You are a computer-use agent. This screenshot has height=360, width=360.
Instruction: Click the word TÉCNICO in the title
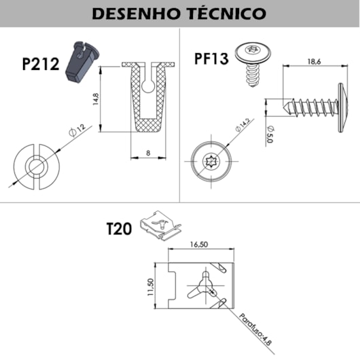(x=227, y=13)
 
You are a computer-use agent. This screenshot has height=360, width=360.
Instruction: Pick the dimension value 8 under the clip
(x=148, y=154)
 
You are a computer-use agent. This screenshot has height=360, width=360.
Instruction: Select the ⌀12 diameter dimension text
(x=79, y=128)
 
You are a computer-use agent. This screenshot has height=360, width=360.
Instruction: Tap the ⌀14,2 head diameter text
(x=242, y=126)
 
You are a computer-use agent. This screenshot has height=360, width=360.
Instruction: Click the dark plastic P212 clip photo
(x=79, y=61)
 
